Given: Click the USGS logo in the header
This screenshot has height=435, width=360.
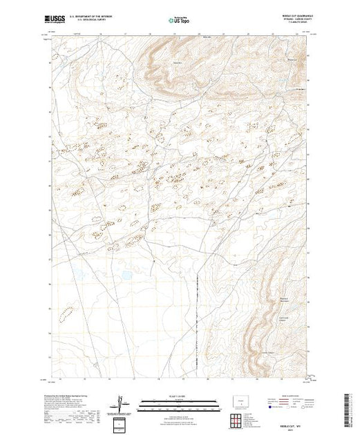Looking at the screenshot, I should click(x=55, y=21).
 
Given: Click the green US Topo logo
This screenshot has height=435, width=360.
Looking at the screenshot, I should click(x=179, y=21).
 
